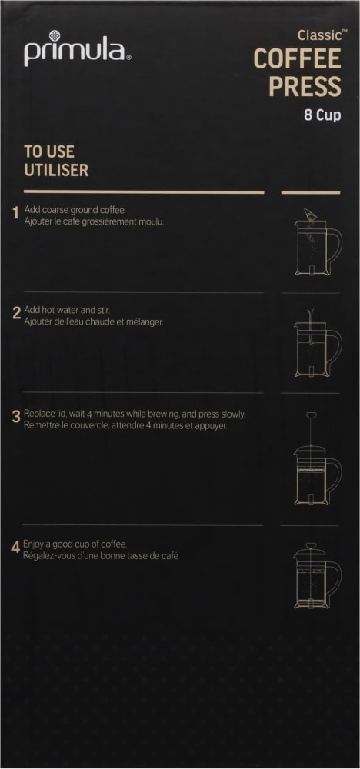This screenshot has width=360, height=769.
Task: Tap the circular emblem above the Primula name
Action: (55, 35)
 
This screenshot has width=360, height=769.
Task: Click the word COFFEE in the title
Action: (297, 58)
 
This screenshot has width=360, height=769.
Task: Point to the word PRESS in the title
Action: (305, 86)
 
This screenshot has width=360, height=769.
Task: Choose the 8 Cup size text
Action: (322, 116)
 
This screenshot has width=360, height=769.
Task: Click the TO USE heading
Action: (49, 151)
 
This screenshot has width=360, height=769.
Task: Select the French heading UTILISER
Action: (56, 170)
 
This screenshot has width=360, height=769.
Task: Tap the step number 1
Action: (15, 213)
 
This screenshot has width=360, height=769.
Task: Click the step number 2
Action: (15, 313)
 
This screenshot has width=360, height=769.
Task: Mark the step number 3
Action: (15, 417)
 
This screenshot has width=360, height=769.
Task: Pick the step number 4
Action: (15, 548)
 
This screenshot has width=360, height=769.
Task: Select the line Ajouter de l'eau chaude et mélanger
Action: (94, 321)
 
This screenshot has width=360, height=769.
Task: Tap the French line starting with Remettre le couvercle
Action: (125, 425)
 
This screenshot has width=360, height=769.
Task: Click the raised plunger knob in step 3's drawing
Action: (311, 415)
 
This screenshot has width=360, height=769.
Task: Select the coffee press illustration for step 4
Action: (316, 577)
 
